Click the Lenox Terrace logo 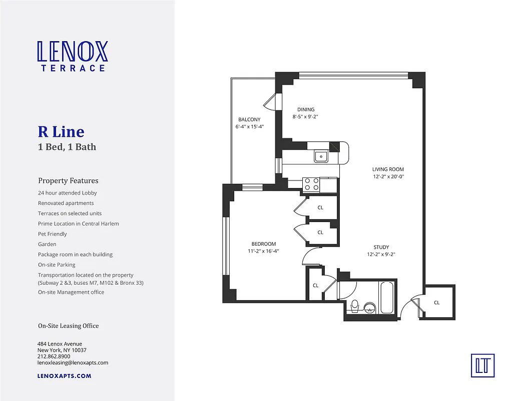pyautogui.click(x=73, y=56)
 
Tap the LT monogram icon pyautogui.click(x=482, y=365)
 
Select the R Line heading pyautogui.click(x=61, y=132)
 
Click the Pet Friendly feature pyautogui.click(x=53, y=234)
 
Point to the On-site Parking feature pyautogui.click(x=57, y=265)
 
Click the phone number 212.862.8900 pyautogui.click(x=54, y=356)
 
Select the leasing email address pyautogui.click(x=73, y=362)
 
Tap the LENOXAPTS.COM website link pyautogui.click(x=65, y=375)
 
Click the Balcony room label pyautogui.click(x=249, y=119)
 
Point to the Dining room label pyautogui.click(x=306, y=109)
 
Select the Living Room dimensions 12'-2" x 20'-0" pyautogui.click(x=388, y=176)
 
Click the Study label pyautogui.click(x=381, y=247)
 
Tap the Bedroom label pyautogui.click(x=264, y=244)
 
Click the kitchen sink pyautogui.click(x=320, y=157)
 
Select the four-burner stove pyautogui.click(x=311, y=184)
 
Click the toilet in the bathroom pyautogui.click(x=355, y=305)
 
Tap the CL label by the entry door pyautogui.click(x=437, y=302)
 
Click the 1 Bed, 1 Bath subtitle pyautogui.click(x=67, y=147)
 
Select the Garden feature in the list pyautogui.click(x=47, y=244)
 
